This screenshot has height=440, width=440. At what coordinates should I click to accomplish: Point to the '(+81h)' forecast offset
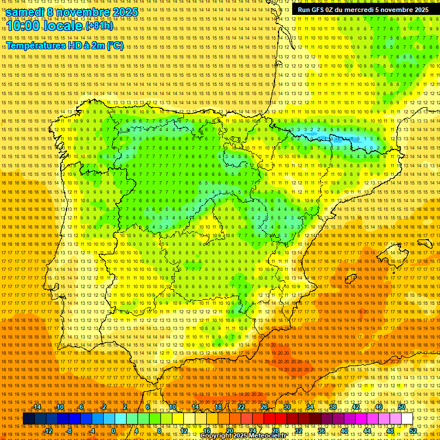coord(99,26)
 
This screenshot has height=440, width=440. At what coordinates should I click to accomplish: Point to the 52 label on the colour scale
coord(413,430)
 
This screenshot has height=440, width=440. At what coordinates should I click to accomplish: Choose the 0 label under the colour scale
coord(115,430)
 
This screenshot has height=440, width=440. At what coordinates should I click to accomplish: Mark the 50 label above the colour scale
coord(402,407)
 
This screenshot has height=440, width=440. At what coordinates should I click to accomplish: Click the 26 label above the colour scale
coord(264,407)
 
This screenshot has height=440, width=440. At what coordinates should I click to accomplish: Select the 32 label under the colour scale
coord(298,430)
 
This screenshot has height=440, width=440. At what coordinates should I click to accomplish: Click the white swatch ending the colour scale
coord(407,419)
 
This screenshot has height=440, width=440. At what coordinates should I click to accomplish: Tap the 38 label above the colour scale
coord(333,407)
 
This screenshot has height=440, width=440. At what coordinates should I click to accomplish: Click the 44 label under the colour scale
coord(367,430)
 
